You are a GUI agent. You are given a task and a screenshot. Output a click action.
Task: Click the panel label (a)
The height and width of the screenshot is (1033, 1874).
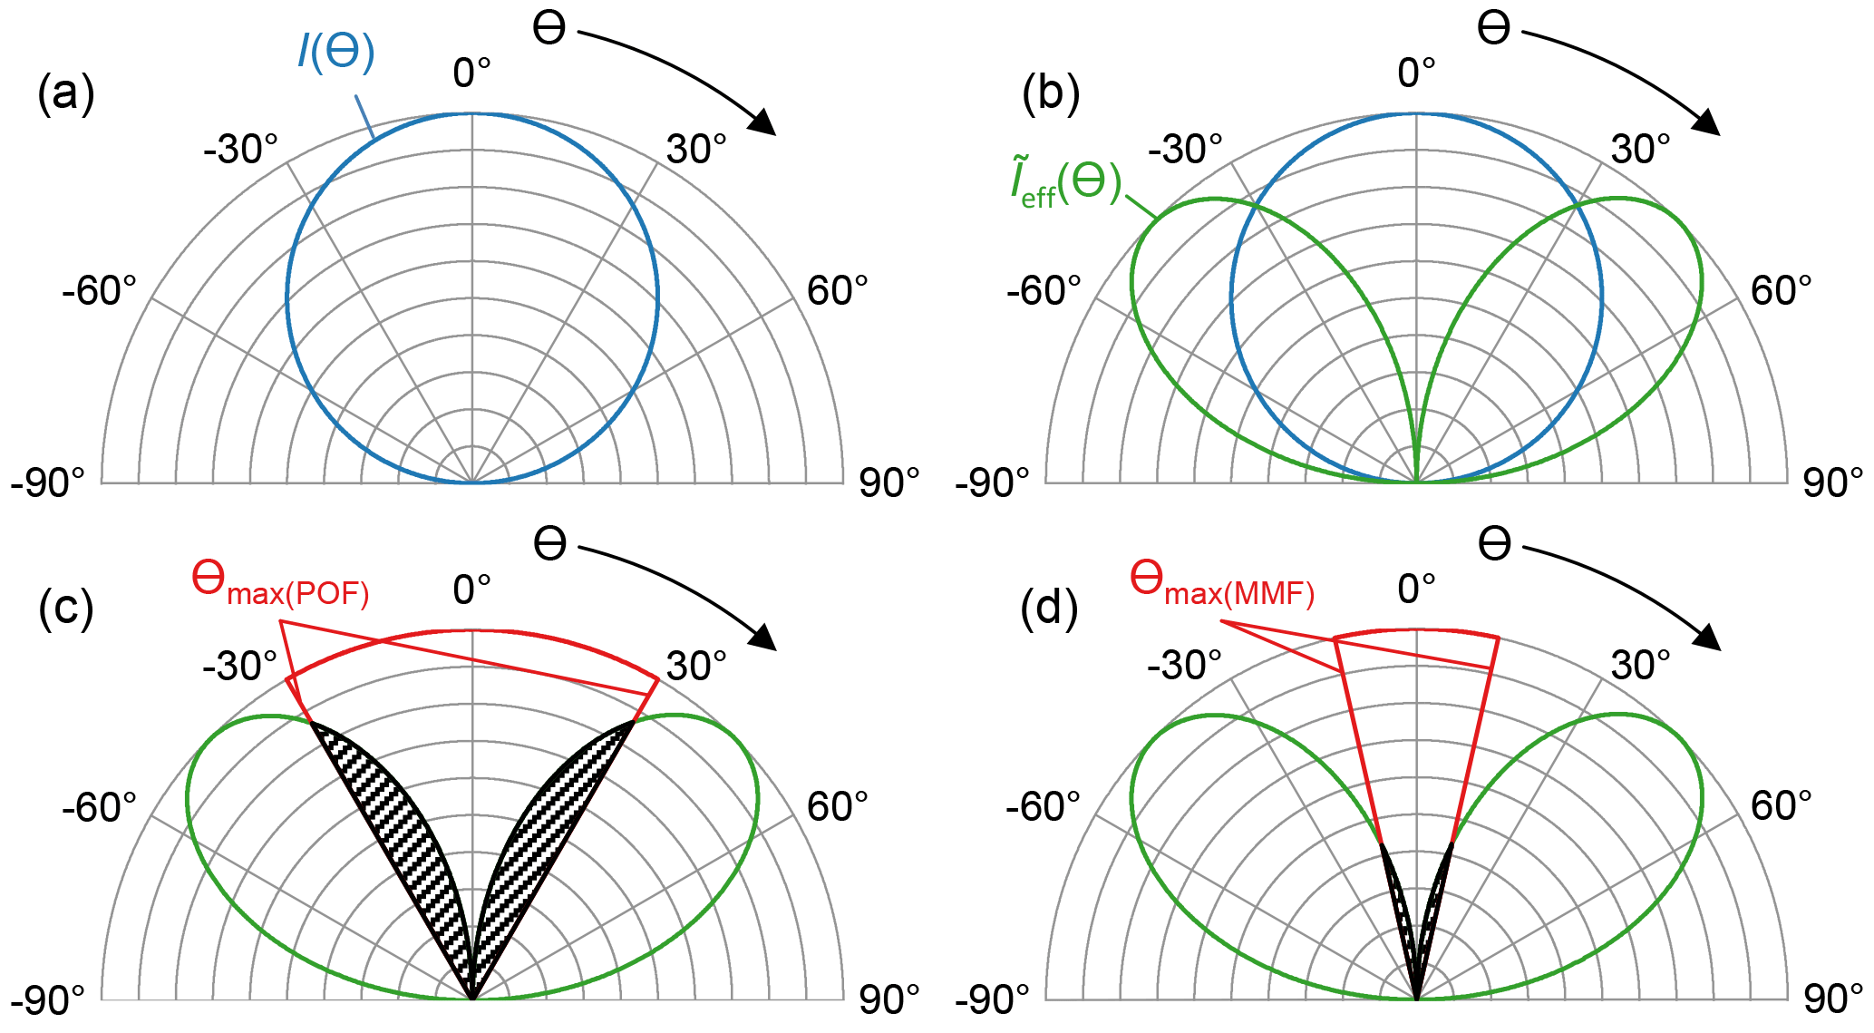[x=65, y=93]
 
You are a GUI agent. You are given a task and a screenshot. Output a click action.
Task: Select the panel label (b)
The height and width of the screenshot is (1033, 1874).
[x=1050, y=93]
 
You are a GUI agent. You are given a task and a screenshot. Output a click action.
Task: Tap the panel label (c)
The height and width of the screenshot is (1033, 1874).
[x=65, y=609]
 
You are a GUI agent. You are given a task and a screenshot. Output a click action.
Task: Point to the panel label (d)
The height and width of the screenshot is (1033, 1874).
[x=1049, y=609]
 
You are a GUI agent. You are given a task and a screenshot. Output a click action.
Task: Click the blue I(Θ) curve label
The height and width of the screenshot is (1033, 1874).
[x=335, y=52]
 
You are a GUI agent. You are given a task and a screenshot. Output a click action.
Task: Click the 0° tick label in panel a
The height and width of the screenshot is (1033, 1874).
[x=471, y=73]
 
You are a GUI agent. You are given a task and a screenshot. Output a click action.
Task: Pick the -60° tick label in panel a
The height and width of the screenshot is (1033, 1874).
[x=100, y=291]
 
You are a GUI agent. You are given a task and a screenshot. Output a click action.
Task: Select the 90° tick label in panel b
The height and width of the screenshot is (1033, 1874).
[x=1832, y=483]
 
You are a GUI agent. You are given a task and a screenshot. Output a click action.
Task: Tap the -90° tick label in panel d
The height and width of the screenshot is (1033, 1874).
[x=992, y=999]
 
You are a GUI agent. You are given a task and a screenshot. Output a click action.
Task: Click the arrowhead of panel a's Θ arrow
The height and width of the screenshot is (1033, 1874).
[x=763, y=122]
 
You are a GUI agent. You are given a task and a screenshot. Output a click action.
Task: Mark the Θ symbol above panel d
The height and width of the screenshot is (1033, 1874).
[x=1494, y=544]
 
